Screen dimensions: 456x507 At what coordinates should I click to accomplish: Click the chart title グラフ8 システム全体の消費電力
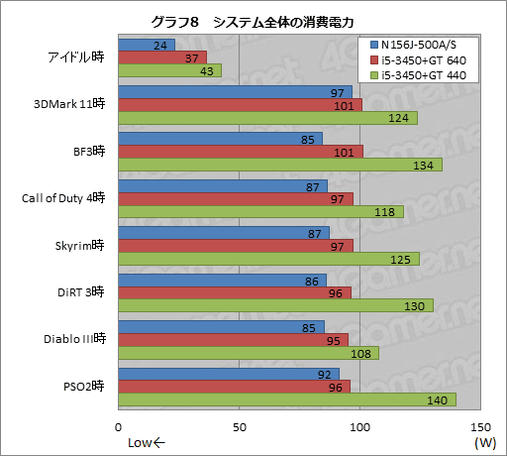tap(253, 22)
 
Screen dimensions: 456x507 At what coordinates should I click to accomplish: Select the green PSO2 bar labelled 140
tap(287, 399)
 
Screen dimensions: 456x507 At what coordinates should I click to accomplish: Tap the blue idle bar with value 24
tap(147, 45)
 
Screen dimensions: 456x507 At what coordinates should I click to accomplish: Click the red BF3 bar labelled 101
tap(241, 152)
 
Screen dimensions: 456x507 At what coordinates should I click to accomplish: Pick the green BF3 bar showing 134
tap(280, 165)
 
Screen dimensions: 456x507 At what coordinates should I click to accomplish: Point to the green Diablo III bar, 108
tap(249, 353)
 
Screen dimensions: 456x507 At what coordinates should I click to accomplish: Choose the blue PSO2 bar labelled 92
tap(229, 375)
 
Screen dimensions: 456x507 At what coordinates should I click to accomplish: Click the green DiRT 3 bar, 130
tap(275, 305)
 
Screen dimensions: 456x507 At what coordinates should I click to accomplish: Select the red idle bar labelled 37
tap(162, 57)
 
